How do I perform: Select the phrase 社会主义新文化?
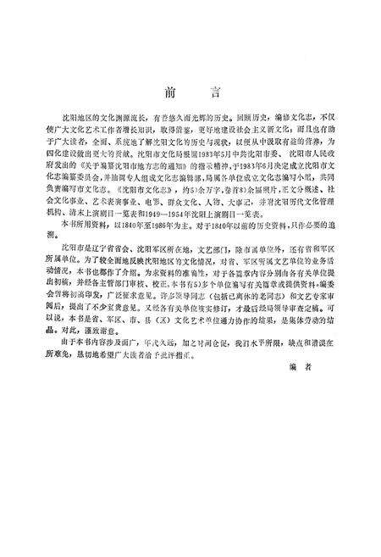246,128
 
